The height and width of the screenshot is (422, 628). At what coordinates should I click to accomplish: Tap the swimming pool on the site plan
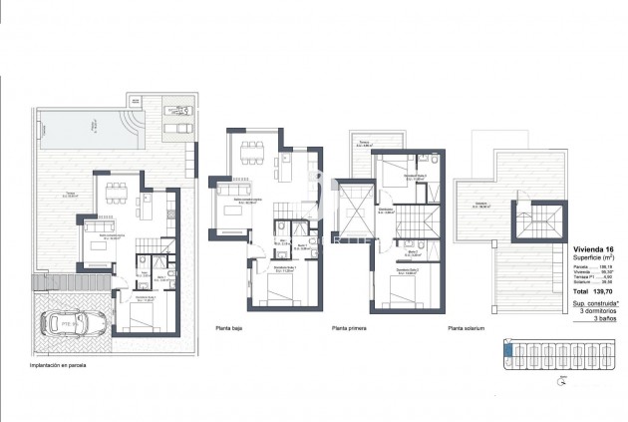[x=84, y=126]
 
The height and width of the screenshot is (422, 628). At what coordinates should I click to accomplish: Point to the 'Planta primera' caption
[x=350, y=326]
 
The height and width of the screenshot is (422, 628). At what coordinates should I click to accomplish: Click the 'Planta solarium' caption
[x=467, y=326]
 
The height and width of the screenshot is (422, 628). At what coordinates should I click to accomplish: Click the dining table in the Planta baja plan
[x=250, y=155]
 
